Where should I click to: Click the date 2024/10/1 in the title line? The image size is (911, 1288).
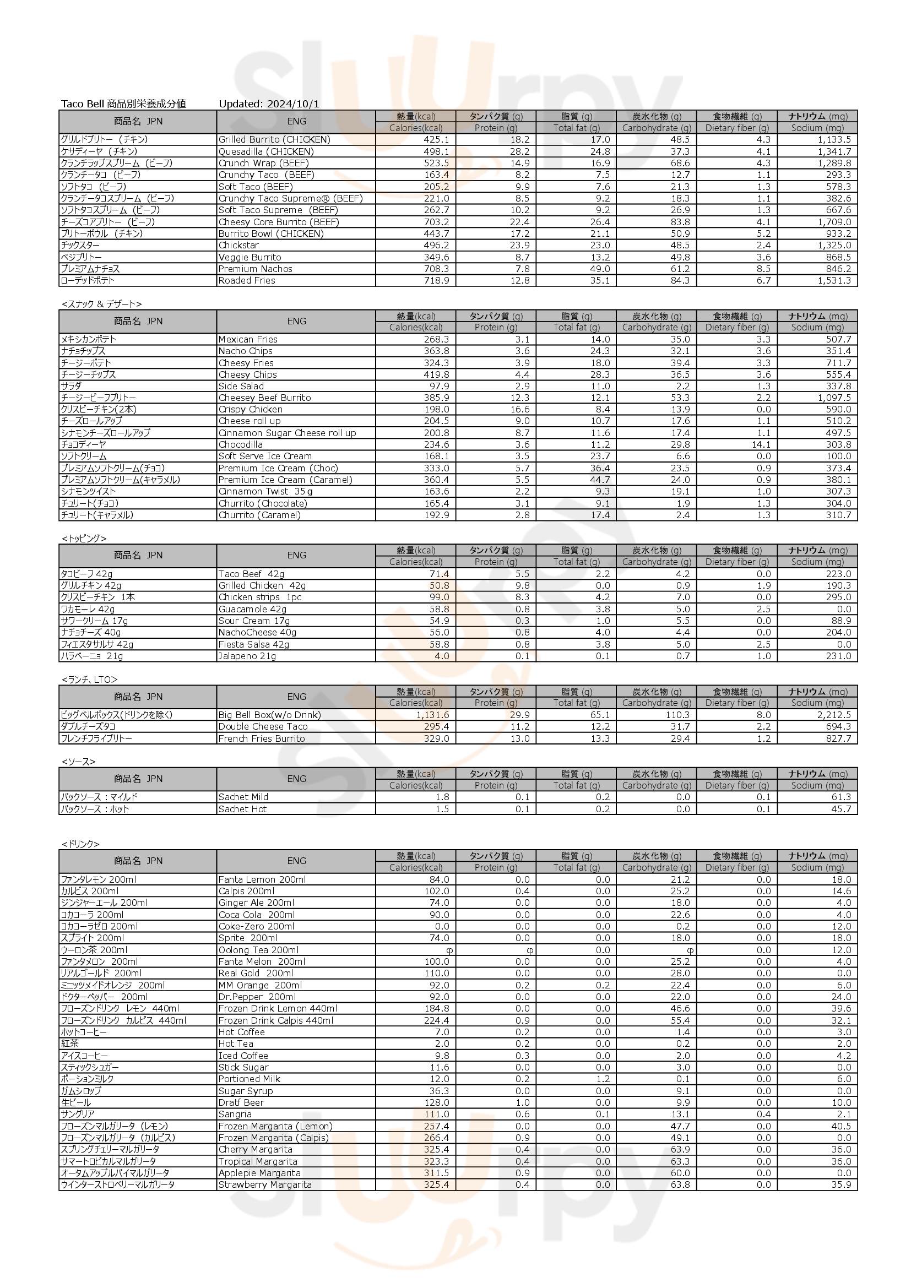click(x=293, y=104)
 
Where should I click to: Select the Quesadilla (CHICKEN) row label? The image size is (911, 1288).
click(x=266, y=151)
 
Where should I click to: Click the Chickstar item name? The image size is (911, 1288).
click(x=238, y=245)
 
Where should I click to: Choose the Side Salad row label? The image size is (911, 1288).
click(x=241, y=386)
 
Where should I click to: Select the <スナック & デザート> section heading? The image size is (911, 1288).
click(x=101, y=304)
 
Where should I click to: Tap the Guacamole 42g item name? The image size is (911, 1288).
click(x=252, y=609)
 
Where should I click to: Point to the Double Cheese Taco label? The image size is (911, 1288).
click(x=263, y=726)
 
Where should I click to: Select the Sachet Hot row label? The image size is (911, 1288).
click(x=242, y=809)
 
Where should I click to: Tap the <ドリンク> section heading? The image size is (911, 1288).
click(x=81, y=844)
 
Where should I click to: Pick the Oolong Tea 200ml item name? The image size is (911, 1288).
click(x=259, y=950)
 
